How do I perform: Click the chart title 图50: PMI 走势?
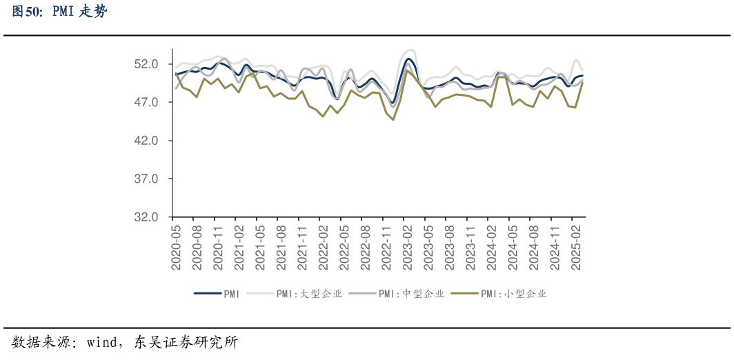coord(60,12)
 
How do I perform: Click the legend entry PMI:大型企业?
coord(309,294)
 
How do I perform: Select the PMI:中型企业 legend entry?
coord(411,294)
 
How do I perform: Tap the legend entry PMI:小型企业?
coord(513,294)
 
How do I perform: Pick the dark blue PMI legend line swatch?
coord(208,294)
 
